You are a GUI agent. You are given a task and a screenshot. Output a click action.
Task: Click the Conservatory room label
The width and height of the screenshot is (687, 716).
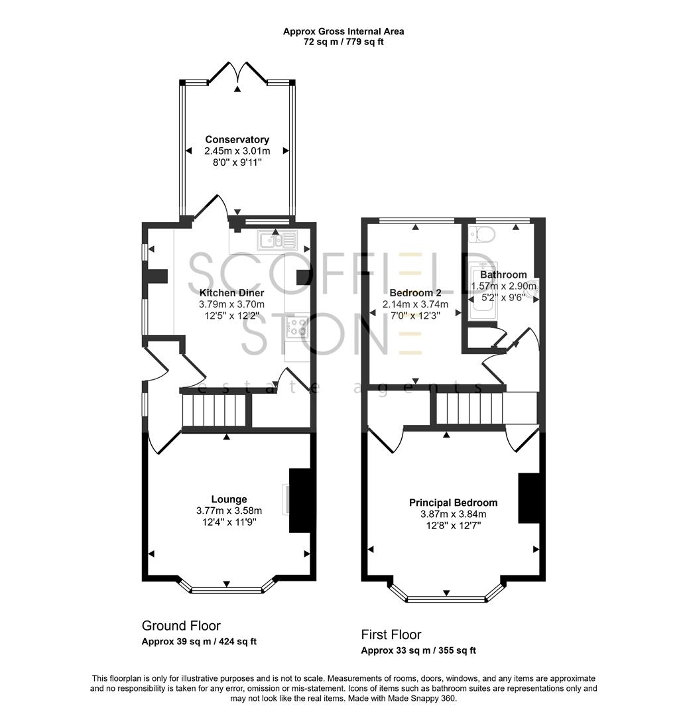[237, 140]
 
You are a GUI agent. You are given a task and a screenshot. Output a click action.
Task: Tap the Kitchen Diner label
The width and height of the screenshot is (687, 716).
[231, 293]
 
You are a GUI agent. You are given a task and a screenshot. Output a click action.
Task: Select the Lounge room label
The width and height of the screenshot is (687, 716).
[229, 499]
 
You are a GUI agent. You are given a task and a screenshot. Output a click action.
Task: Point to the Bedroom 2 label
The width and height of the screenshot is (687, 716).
[415, 293]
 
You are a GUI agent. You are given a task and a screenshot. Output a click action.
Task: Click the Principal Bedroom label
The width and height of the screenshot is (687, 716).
[453, 503]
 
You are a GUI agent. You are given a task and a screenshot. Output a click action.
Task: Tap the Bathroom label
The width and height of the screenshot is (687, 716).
[503, 274]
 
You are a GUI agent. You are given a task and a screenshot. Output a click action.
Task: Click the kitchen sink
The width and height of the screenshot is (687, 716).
[273, 240]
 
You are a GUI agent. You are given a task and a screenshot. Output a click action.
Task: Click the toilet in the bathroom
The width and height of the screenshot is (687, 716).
[483, 233]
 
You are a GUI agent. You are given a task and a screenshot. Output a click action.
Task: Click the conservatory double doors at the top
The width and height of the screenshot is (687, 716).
[237, 72]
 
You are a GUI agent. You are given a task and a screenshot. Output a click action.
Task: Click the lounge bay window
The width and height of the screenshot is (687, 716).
[227, 588]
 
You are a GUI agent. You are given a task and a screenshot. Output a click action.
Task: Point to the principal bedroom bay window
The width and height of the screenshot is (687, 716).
[446, 598]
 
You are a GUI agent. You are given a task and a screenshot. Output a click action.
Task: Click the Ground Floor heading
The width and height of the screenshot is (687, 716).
[181, 626]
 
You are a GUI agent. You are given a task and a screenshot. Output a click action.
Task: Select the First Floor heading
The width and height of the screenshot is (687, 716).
[391, 634]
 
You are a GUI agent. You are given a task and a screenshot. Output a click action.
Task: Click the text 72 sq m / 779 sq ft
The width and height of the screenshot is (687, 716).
[343, 42]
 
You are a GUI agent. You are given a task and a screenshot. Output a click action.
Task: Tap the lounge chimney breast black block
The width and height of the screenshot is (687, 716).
[300, 501]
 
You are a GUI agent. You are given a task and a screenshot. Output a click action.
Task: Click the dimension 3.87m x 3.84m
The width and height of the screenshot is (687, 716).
[453, 514]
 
